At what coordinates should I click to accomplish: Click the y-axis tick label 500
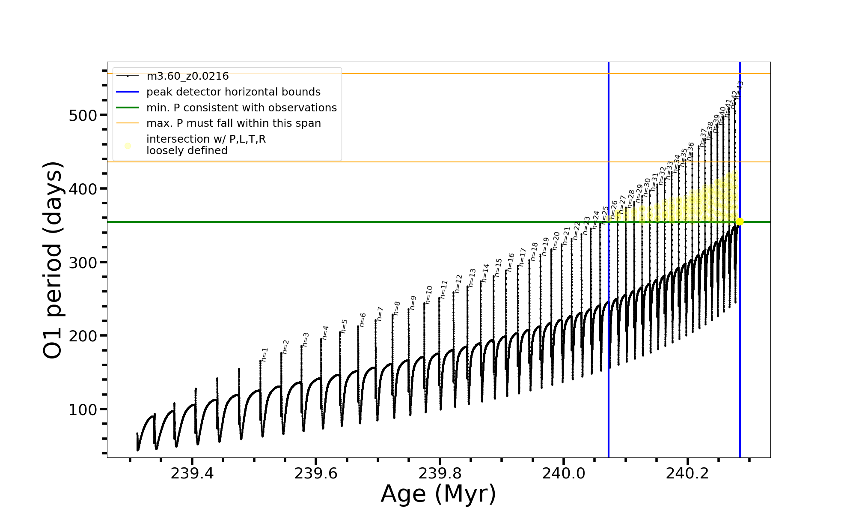[x=83, y=116]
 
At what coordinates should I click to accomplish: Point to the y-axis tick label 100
[x=83, y=410]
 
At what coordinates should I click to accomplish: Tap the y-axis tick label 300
[x=83, y=263]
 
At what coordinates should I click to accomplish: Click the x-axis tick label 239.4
[x=192, y=473]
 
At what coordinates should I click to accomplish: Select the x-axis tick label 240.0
[x=564, y=473]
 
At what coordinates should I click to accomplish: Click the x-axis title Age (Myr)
[x=438, y=494]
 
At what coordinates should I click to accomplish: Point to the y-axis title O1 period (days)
[x=53, y=260]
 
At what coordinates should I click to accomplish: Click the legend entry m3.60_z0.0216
[x=187, y=76]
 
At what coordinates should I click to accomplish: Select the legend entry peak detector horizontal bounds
[x=233, y=92]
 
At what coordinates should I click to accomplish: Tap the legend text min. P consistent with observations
[x=241, y=108]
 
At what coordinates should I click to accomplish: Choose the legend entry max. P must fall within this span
[x=233, y=123]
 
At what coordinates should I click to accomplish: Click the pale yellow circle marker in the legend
[x=128, y=146]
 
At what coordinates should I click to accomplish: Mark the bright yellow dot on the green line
[x=740, y=221]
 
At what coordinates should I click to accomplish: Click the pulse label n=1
[x=265, y=355]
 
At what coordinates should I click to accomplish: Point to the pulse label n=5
[x=344, y=326]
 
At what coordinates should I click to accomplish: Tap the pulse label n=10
[x=428, y=295]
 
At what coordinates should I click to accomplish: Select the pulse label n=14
[x=485, y=273]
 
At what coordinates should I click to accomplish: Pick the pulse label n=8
[x=397, y=308]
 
